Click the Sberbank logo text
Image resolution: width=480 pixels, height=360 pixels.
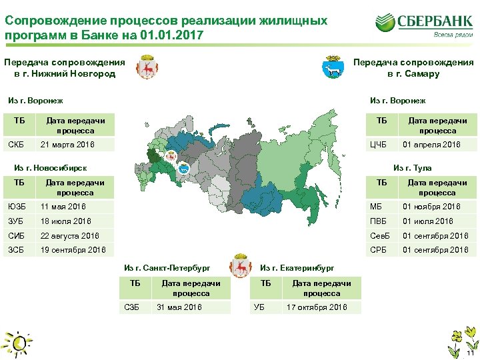point(435,21)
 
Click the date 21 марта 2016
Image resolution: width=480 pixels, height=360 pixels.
point(67,145)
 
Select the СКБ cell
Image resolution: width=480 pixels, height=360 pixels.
point(17,145)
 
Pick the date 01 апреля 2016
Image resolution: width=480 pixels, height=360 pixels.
point(431,145)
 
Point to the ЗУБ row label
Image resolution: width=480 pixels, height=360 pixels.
point(17,221)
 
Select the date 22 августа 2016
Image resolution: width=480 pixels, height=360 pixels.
point(69,236)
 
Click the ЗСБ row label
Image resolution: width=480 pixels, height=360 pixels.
point(17,251)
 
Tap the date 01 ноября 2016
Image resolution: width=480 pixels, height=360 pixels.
point(431,207)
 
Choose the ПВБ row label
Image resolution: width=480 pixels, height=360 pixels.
point(379,221)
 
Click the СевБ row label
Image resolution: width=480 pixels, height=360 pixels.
point(380,236)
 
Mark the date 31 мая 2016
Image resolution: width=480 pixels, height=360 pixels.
point(179,307)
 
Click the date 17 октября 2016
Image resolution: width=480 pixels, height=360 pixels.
point(317,307)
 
